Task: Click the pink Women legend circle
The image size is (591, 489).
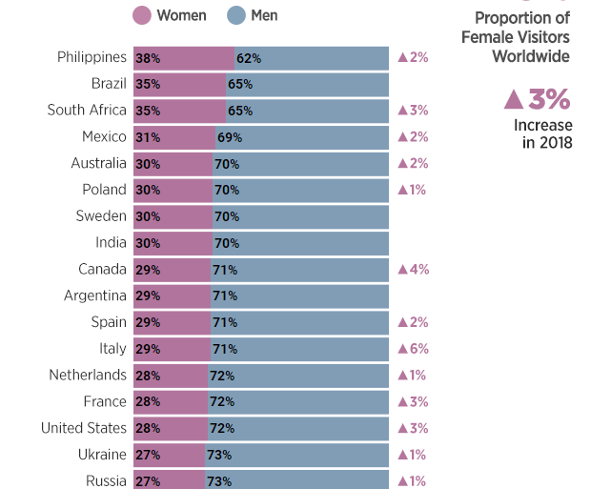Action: point(142,15)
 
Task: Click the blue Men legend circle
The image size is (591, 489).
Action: point(236,15)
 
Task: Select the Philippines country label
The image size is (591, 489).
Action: point(92,57)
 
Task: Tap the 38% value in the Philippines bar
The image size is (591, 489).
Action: point(148,58)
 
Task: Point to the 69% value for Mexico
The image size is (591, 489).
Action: point(230,137)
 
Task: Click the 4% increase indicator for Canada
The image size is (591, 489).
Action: point(413,269)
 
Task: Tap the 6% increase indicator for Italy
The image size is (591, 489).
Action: point(413,349)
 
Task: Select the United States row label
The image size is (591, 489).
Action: point(84,428)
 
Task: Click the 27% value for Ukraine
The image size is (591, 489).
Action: point(148,455)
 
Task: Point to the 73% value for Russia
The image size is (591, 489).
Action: point(218,481)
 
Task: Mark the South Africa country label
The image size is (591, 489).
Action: point(87,111)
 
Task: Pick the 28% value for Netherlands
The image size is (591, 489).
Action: point(148,376)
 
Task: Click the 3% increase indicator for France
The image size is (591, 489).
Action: point(413,401)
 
